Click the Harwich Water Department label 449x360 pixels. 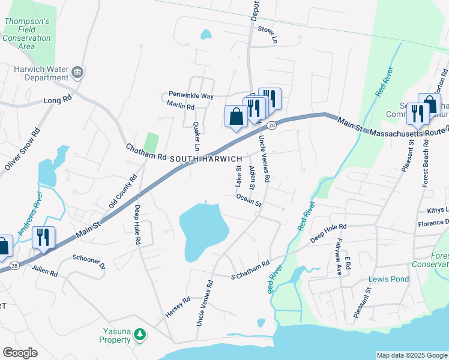[41, 73]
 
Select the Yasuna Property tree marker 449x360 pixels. [139, 334]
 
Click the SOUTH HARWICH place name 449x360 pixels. [206, 158]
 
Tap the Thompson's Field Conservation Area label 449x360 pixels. [26, 34]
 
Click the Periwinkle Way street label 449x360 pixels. [191, 96]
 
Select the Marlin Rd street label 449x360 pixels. [181, 107]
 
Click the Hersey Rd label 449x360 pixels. [178, 307]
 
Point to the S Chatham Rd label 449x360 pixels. [250, 272]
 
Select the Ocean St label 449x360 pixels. [249, 200]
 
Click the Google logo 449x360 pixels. [20, 353]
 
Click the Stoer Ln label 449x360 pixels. [268, 30]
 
